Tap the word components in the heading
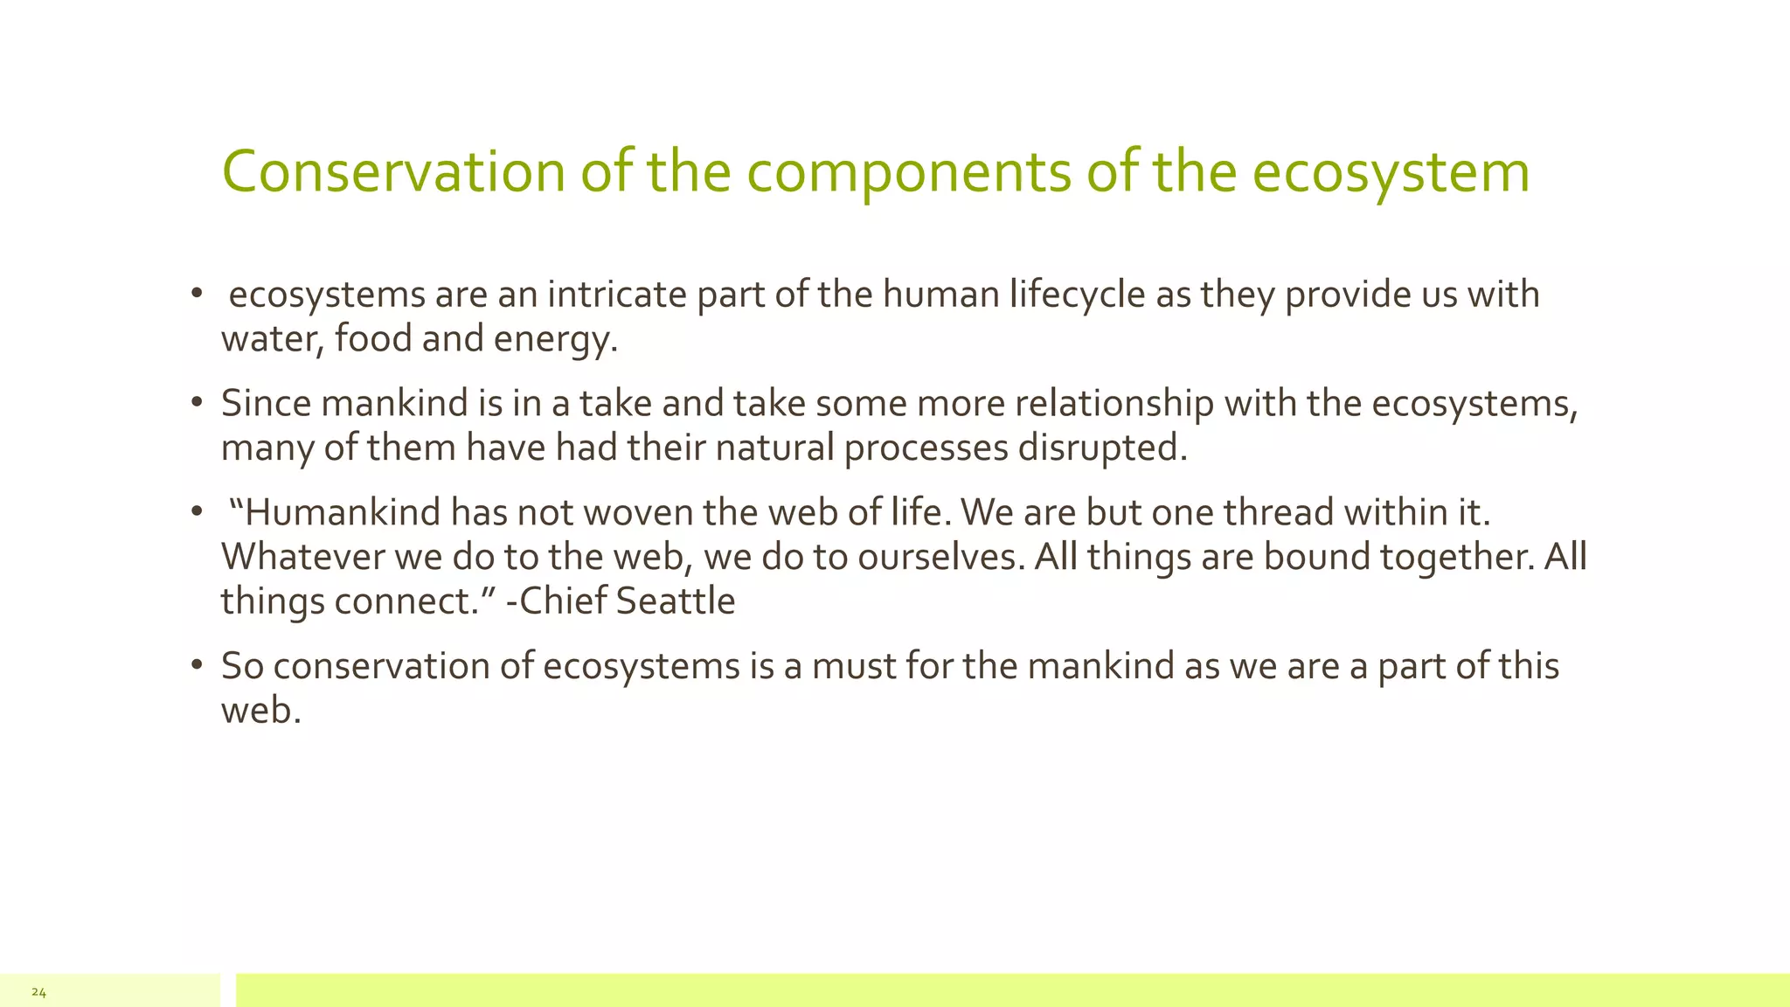[908, 171]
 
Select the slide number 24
[38, 992]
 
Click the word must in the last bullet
[852, 666]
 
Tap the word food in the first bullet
[372, 339]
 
